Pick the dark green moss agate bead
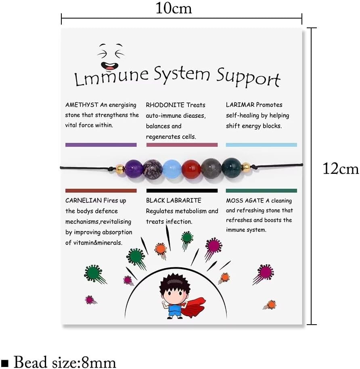(231, 167)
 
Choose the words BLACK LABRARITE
(174, 200)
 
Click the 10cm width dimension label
(174, 8)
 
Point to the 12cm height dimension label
(340, 168)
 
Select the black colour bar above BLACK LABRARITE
(182, 191)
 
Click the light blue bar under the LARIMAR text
(261, 145)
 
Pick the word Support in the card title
(248, 77)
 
